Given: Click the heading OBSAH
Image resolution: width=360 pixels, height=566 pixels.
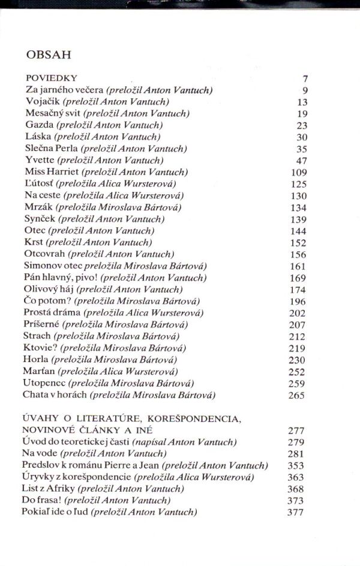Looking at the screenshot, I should (x=49, y=55).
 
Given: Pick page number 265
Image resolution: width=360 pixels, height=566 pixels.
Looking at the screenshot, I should (x=296, y=395).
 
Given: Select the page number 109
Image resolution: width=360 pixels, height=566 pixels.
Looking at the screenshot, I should (x=298, y=173).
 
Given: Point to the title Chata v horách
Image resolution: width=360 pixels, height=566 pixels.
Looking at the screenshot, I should (x=55, y=395).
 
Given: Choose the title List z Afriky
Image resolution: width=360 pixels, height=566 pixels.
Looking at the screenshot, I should (x=47, y=489).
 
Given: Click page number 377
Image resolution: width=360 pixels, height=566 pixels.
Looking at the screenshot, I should (x=295, y=512).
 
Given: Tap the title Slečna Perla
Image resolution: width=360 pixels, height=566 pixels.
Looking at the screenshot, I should (x=51, y=149).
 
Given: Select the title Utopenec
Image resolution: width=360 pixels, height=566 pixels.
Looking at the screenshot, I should (x=44, y=383).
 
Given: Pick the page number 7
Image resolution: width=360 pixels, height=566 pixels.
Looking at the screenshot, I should (x=305, y=79).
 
